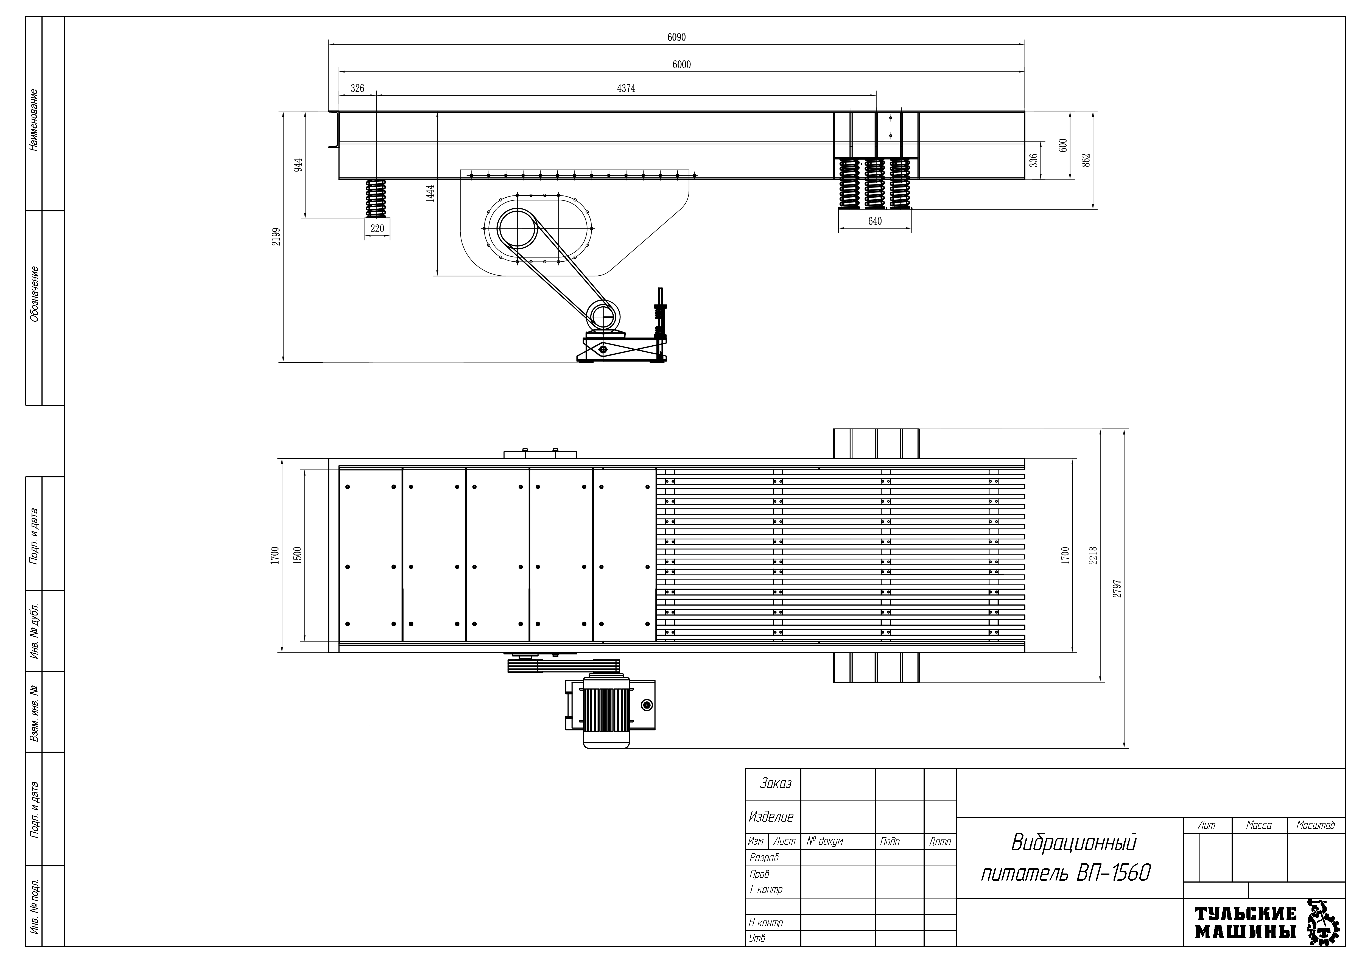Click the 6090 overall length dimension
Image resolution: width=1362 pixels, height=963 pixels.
coord(676,37)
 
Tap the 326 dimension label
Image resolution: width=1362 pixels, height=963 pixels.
coord(357,88)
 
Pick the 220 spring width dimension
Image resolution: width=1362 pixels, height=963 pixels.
coord(377,228)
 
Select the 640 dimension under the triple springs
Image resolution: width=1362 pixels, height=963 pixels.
coord(875,221)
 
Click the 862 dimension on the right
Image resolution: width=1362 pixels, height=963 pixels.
coord(1086,160)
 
